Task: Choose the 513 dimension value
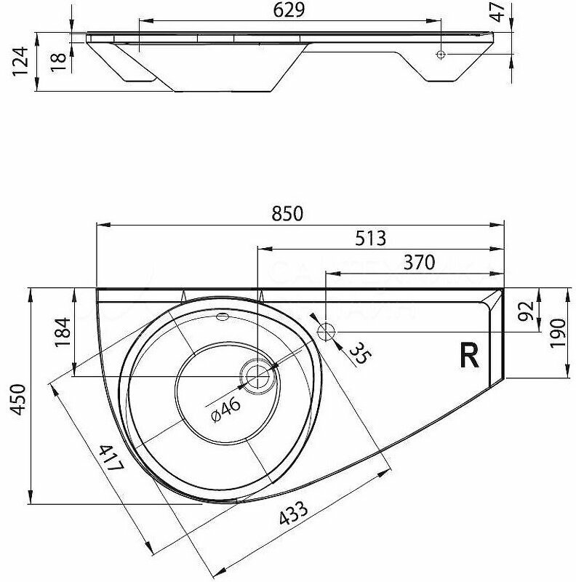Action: (370, 239)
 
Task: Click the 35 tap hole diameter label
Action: (358, 353)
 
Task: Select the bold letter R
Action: (469, 355)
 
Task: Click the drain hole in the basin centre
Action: (256, 376)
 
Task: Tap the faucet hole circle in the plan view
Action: (327, 332)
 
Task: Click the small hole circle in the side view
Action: (441, 55)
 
